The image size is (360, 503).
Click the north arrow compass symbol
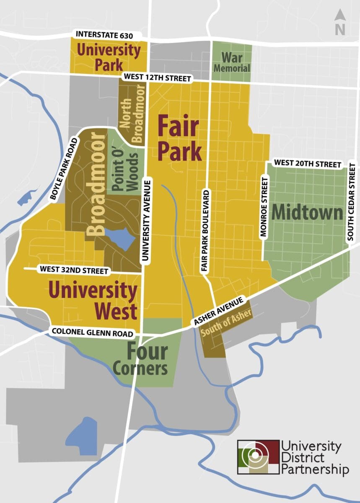pos(339,23)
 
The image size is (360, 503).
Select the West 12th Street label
pos(157,78)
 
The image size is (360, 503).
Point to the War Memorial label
pos(232,62)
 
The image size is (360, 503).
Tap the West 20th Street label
pos(307,164)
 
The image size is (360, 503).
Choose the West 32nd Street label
pos(74,271)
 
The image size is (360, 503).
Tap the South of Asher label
pos(226,323)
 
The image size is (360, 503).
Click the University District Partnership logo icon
pos(258,456)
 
